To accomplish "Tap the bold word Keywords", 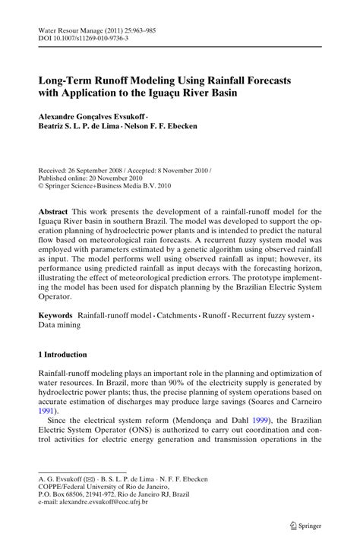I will [x=56, y=314].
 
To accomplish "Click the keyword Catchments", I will [x=196, y=314].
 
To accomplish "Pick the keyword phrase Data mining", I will [x=59, y=324].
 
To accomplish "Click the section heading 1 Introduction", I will [x=63, y=354].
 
